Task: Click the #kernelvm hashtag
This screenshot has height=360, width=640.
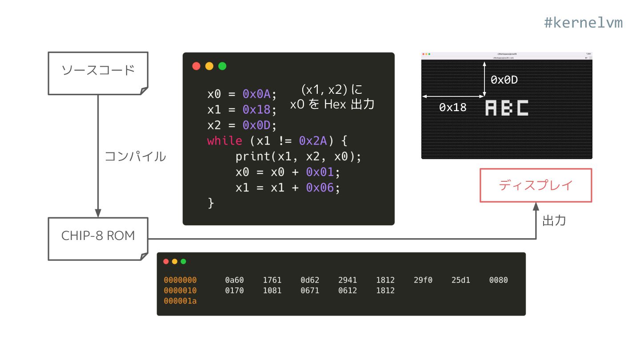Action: click(583, 23)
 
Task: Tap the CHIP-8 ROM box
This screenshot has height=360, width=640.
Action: click(98, 236)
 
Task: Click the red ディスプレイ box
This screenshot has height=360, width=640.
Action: click(536, 185)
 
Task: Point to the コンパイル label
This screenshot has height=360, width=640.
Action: click(135, 156)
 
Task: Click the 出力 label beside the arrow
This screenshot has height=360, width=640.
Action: click(554, 220)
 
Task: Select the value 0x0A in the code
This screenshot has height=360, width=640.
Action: click(257, 94)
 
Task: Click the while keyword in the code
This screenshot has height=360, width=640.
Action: click(224, 141)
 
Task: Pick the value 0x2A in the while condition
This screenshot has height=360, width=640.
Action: click(313, 141)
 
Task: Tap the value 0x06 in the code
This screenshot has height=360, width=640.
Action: click(320, 188)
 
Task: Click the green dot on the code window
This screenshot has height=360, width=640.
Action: click(222, 66)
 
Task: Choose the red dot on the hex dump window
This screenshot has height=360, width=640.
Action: click(166, 261)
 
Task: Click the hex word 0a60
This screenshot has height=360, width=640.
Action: click(234, 280)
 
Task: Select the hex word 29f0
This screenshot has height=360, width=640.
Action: click(423, 280)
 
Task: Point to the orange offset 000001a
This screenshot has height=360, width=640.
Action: click(180, 301)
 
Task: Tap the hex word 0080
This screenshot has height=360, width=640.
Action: click(498, 280)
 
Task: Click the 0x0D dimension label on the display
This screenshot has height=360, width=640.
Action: click(504, 80)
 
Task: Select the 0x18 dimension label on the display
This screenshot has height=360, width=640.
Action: click(452, 107)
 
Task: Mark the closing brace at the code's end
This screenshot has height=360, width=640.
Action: click(211, 203)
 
